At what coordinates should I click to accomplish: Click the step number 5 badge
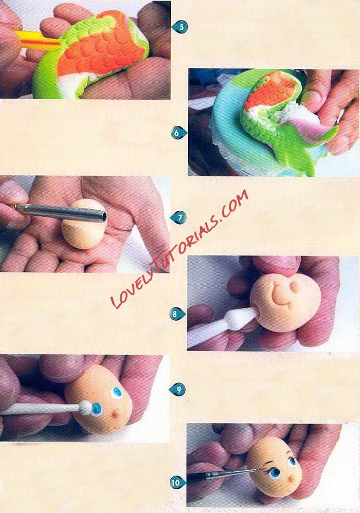tap(181, 27)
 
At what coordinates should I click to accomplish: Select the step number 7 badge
tap(179, 217)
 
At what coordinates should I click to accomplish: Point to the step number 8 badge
tap(177, 314)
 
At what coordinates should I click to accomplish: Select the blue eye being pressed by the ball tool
tap(96, 408)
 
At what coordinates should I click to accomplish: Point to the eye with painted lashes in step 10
tap(274, 472)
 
